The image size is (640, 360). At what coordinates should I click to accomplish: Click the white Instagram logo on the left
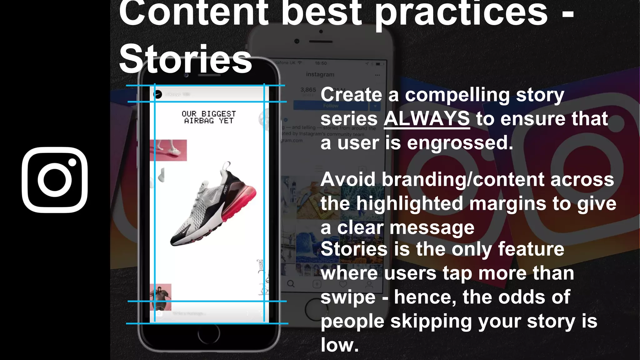coord(55,180)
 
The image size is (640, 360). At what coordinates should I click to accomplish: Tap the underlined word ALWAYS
coord(427,119)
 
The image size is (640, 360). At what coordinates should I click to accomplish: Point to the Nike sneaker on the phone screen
coord(212,205)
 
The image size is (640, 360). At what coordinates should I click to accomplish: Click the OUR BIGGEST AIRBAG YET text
coord(209,117)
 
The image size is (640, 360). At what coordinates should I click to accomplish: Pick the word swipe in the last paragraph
coord(348,297)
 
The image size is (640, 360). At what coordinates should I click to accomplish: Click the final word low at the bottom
coord(339,345)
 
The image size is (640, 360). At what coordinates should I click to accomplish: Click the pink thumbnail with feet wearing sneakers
coord(168,150)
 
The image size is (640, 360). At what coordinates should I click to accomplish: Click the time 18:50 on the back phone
coord(321,63)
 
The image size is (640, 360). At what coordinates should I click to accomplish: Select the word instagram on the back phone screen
coord(320,74)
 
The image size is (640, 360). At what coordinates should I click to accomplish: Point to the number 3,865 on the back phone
coord(308,90)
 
